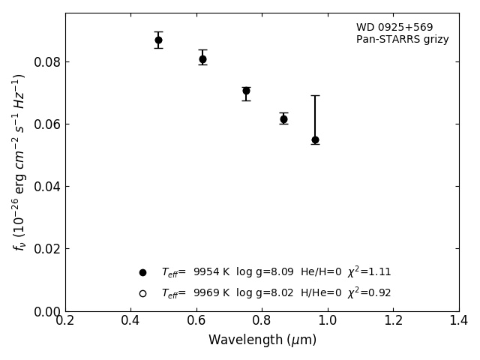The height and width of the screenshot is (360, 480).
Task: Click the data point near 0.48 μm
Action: click(x=158, y=40)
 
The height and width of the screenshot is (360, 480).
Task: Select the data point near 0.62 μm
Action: click(x=202, y=58)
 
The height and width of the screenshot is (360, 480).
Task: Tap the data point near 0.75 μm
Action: click(x=246, y=91)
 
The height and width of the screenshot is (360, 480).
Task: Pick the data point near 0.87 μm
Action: click(x=283, y=118)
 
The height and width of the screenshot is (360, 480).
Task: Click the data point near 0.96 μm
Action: click(x=315, y=139)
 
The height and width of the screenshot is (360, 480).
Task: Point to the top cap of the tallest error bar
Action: click(x=315, y=95)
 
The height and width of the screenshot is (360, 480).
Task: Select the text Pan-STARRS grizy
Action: click(x=402, y=40)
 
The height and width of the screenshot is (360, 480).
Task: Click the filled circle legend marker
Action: click(x=142, y=272)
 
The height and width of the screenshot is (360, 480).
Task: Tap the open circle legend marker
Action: click(x=142, y=293)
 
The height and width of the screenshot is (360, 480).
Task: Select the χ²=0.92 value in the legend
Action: click(x=369, y=293)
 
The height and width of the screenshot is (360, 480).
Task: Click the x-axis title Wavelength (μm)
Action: click(x=262, y=340)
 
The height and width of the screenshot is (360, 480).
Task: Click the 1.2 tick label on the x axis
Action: click(x=393, y=320)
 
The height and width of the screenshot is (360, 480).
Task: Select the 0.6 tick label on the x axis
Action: click(x=196, y=320)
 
